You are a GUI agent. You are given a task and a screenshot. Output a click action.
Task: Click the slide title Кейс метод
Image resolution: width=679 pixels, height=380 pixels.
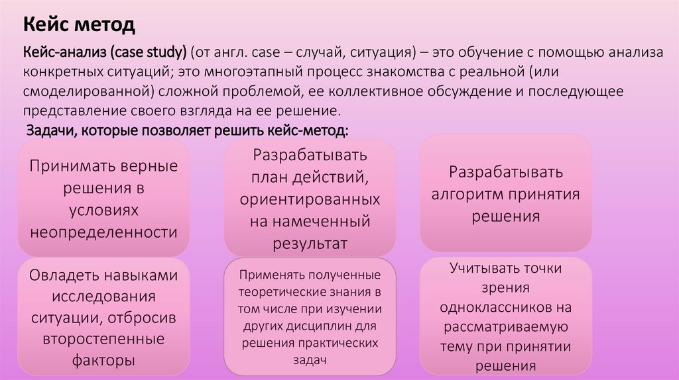[x=79, y=24]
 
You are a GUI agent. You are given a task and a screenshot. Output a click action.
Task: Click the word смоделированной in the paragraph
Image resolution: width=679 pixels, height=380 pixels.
[x=89, y=91]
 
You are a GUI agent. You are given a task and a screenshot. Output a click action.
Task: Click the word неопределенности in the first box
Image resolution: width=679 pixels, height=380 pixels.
[x=104, y=232]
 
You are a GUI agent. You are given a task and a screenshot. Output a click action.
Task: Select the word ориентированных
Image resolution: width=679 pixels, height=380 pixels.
[x=310, y=199]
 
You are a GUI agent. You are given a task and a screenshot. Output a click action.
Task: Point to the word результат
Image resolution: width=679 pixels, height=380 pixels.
[x=310, y=244]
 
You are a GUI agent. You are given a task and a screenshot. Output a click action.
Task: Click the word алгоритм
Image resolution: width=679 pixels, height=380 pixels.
[x=467, y=195]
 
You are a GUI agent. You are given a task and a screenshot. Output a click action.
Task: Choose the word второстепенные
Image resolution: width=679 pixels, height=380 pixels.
[x=103, y=339]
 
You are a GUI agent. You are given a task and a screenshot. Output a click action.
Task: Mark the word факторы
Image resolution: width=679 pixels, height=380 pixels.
[x=103, y=360]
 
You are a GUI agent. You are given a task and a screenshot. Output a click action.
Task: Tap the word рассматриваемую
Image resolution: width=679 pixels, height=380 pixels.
[x=506, y=327]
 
